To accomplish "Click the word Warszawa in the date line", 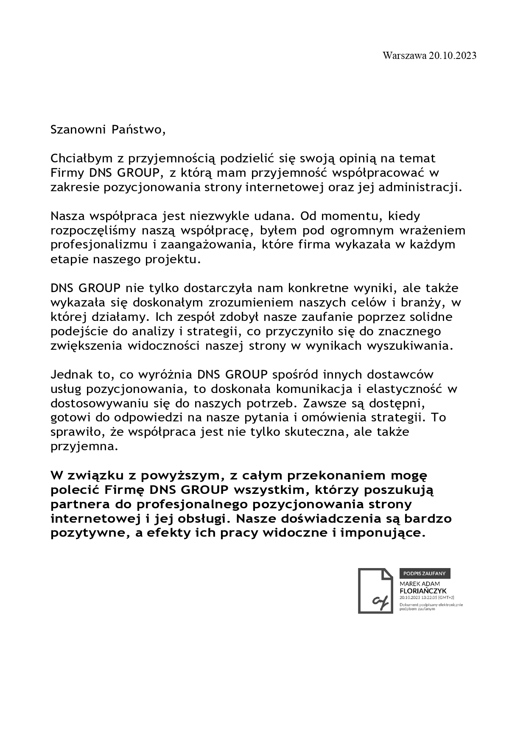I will tap(404, 56).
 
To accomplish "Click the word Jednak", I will tap(70, 375).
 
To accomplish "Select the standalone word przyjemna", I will tap(83, 447).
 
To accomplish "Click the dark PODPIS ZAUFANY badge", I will tap(425, 573).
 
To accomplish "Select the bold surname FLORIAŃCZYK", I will tap(423, 591).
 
